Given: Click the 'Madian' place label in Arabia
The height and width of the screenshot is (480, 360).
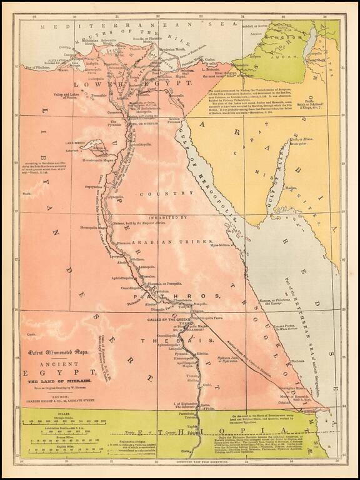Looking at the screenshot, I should point(290,187).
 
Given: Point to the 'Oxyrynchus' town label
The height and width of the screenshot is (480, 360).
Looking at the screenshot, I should point(94,186).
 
